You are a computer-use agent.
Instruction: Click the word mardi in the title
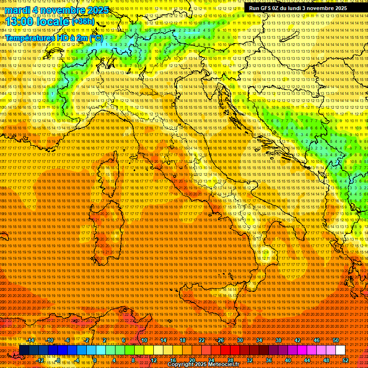[x=18, y=10]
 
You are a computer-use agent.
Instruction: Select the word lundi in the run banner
[x=307, y=8]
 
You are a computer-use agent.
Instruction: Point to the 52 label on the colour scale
[x=345, y=360]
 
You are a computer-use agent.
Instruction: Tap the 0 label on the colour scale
[x=95, y=360]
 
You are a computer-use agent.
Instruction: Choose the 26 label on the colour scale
[x=220, y=340]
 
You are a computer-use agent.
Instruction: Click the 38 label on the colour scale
[x=278, y=340]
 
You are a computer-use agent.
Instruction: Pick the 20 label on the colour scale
[x=192, y=360]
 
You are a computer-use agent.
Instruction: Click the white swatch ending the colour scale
[x=340, y=350]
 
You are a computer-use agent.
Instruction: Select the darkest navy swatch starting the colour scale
[x=24, y=350]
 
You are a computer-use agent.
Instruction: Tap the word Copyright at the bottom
[x=181, y=365]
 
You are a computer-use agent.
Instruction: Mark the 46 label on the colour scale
[x=316, y=340]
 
